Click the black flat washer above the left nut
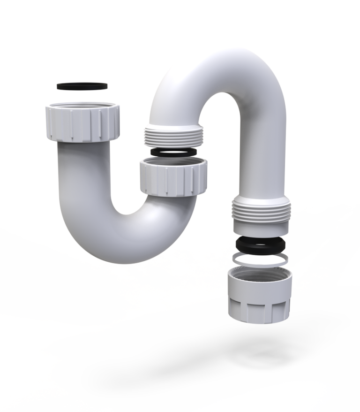point(82,86)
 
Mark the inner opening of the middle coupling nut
point(173,163)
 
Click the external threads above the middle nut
point(173,136)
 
